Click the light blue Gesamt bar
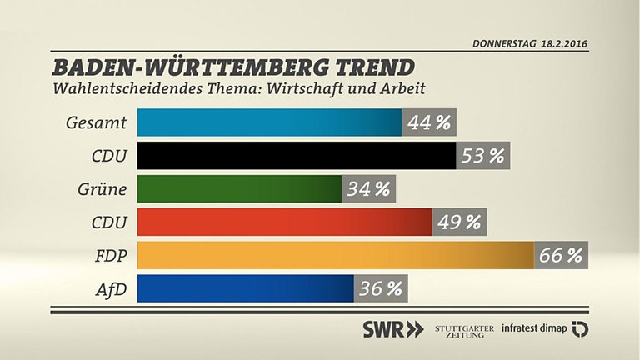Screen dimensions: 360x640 pyautogui.click(x=269, y=122)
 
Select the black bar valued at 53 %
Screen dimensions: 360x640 pyautogui.click(x=296, y=156)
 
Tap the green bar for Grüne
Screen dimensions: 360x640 pyautogui.click(x=239, y=189)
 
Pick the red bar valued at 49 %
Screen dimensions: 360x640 pyautogui.click(x=284, y=222)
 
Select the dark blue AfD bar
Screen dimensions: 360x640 pyautogui.click(x=245, y=289)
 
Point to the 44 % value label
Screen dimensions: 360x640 pyautogui.click(x=429, y=122)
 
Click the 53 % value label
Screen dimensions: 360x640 pyautogui.click(x=483, y=156)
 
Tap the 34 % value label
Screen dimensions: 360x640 pyautogui.click(x=368, y=189)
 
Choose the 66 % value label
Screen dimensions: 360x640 pyautogui.click(x=561, y=256)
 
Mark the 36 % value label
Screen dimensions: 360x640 pyautogui.click(x=381, y=289)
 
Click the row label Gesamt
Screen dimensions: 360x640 pyautogui.click(x=96, y=123)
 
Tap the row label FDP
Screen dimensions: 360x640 pyautogui.click(x=110, y=257)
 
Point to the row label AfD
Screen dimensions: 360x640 pyautogui.click(x=111, y=290)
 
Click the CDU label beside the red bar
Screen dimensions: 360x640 pyautogui.click(x=108, y=223)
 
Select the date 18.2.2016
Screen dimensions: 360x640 pyautogui.click(x=557, y=42)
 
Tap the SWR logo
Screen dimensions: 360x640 pyautogui.click(x=392, y=328)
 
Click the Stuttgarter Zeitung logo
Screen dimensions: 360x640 pyautogui.click(x=463, y=328)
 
